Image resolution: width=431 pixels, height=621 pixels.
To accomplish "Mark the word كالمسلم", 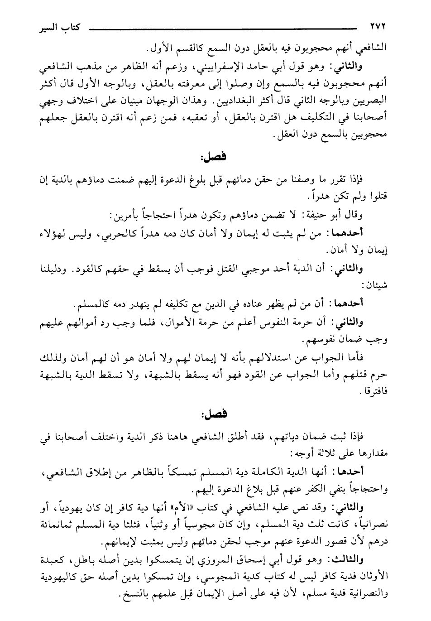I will (x=90, y=305).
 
